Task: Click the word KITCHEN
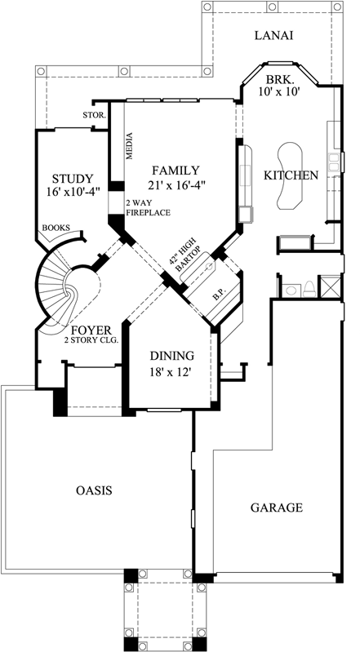(290, 175)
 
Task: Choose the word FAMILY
(174, 171)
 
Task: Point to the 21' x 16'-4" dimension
(176, 185)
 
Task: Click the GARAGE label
(275, 507)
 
